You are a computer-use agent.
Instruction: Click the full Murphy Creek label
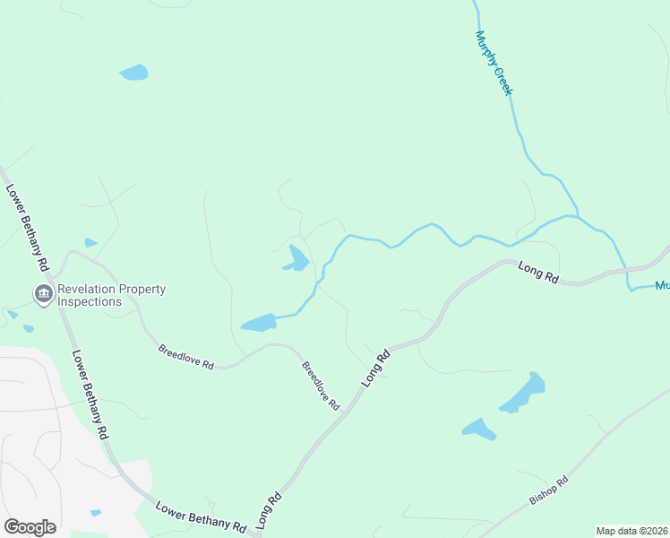[x=493, y=64]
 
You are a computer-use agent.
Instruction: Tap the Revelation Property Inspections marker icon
[x=42, y=293]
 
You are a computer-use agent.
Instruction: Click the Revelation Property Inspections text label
[x=111, y=295]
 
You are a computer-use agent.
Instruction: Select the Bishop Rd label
[x=548, y=490]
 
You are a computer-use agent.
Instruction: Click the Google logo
[x=30, y=527]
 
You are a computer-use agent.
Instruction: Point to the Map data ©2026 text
[x=631, y=531]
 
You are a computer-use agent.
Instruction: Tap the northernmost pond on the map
[x=133, y=73]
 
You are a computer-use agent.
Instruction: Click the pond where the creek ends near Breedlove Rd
[x=259, y=323]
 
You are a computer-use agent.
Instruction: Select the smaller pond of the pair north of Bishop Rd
[x=479, y=430]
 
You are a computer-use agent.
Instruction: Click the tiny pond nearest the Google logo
[x=95, y=513]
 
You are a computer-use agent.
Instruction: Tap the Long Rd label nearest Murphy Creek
[x=538, y=272]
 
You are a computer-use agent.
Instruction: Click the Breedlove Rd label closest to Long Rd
[x=320, y=386]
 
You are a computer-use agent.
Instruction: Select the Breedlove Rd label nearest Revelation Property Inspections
[x=185, y=358]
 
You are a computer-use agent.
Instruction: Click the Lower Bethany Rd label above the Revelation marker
[x=26, y=228]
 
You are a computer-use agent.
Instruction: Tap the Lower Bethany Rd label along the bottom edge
[x=201, y=516]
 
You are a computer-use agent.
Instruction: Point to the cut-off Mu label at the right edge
[x=662, y=286]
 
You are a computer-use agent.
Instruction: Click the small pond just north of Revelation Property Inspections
[x=90, y=243]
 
